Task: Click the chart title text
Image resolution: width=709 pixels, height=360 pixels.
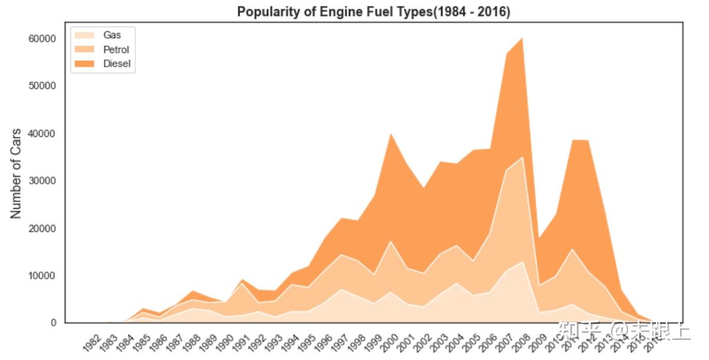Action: pyautogui.click(x=373, y=12)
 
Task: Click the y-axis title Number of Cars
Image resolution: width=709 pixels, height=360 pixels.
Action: pyautogui.click(x=17, y=174)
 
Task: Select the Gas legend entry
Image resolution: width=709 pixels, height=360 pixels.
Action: pyautogui.click(x=112, y=35)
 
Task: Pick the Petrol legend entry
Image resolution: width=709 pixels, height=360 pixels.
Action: pyautogui.click(x=116, y=50)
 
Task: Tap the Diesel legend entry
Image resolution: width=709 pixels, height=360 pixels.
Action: pyautogui.click(x=116, y=64)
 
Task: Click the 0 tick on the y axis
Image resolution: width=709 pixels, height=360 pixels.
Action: pyautogui.click(x=53, y=323)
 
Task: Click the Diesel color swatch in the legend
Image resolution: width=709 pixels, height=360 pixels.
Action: pyautogui.click(x=84, y=64)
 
